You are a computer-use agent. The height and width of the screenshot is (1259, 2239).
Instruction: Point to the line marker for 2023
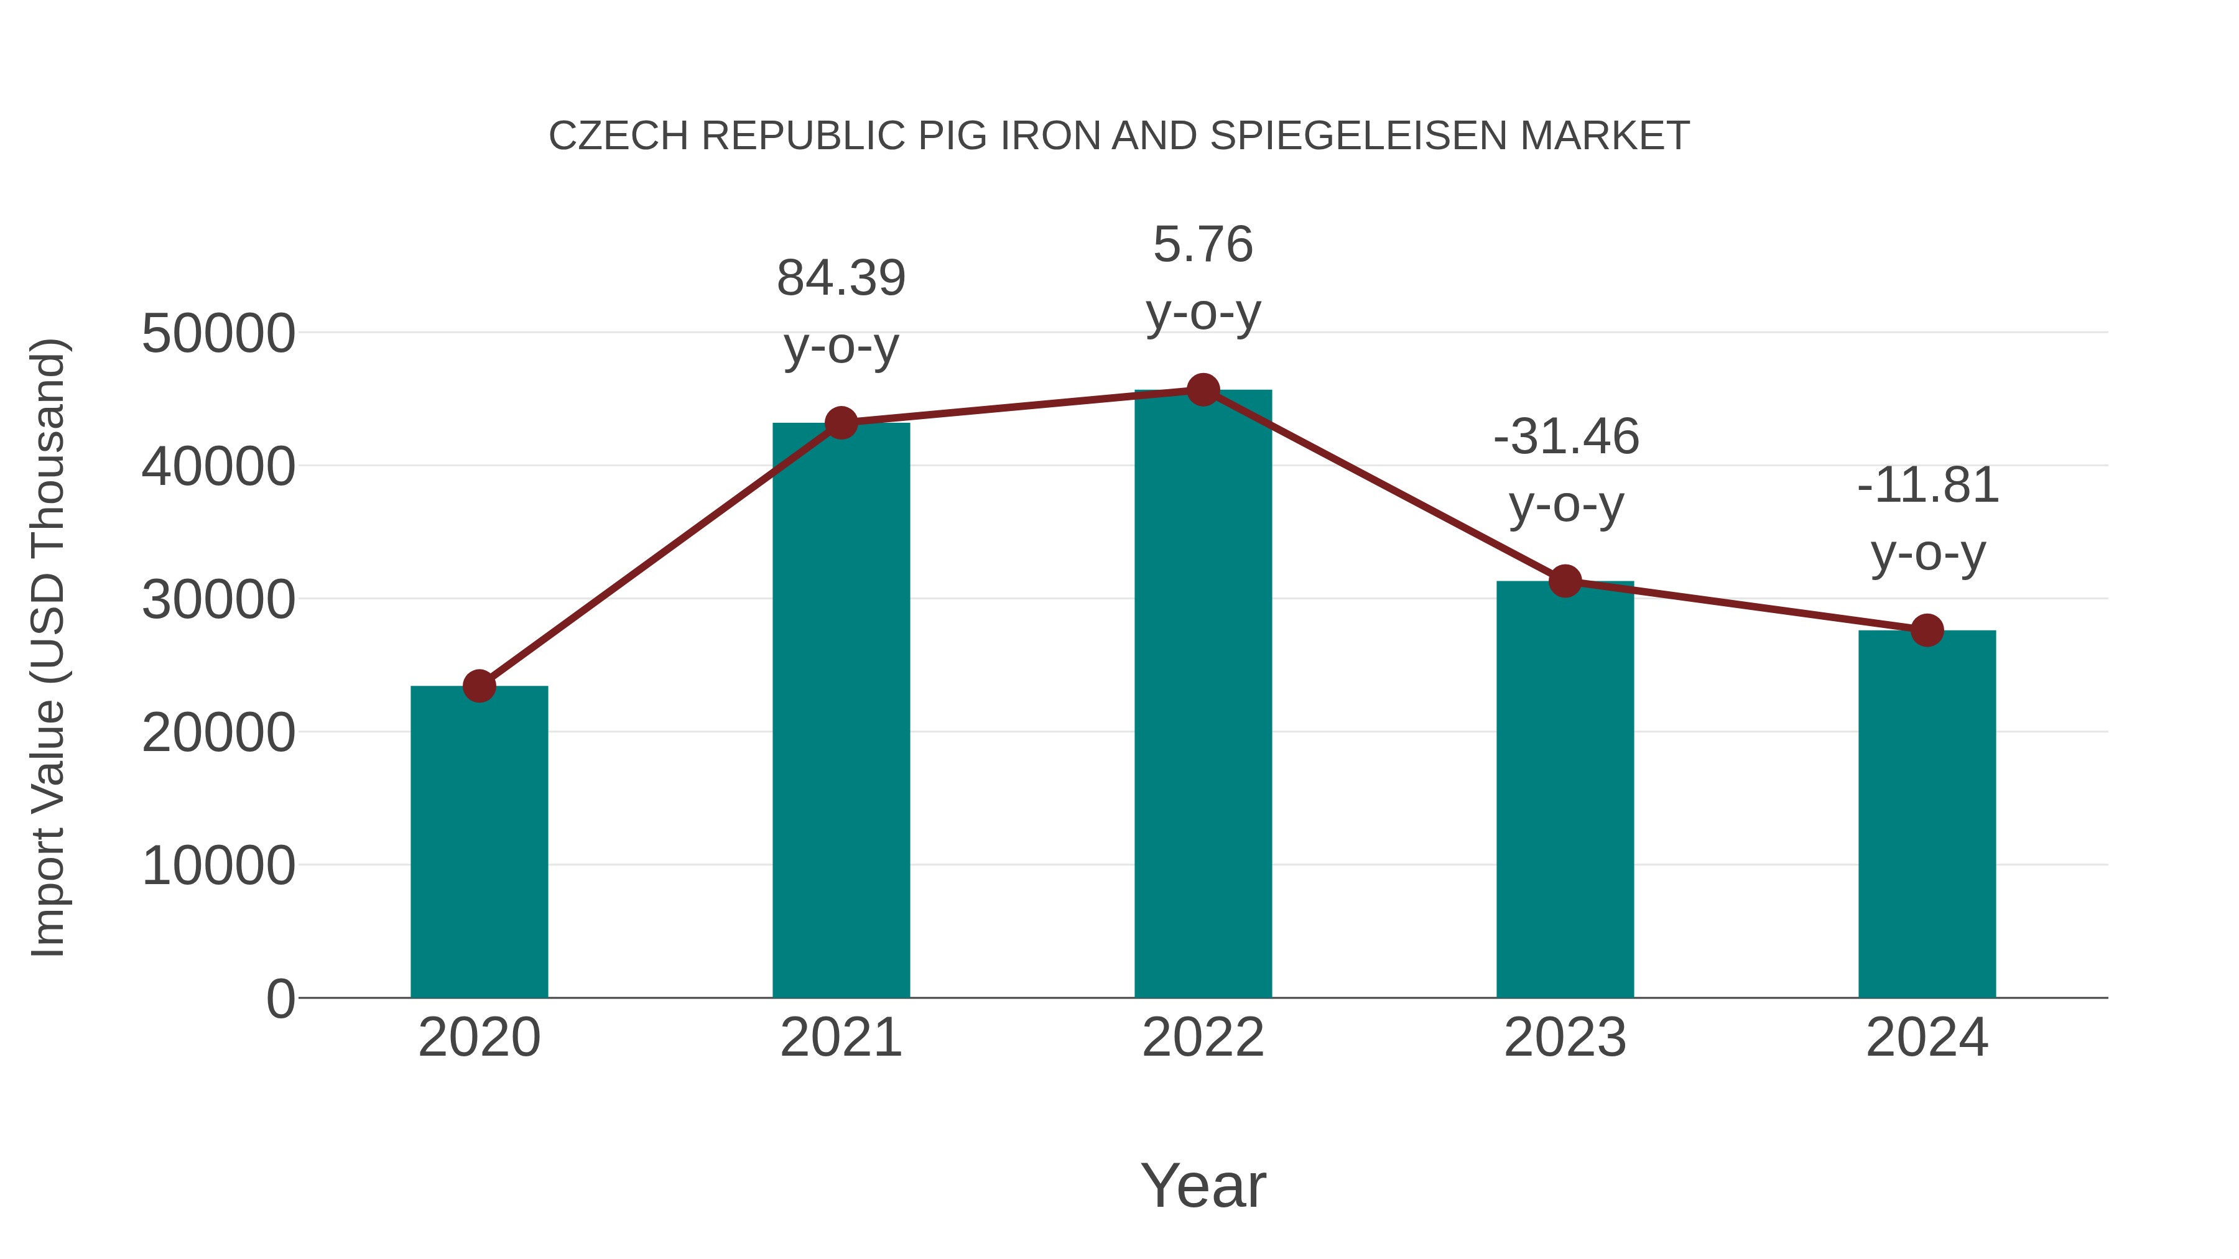point(1565,581)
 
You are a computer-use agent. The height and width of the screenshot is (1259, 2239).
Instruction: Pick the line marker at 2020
point(479,686)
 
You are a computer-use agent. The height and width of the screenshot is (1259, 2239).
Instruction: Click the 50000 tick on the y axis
point(218,334)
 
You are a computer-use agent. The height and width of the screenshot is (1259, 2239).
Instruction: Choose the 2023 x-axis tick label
point(1565,1038)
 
